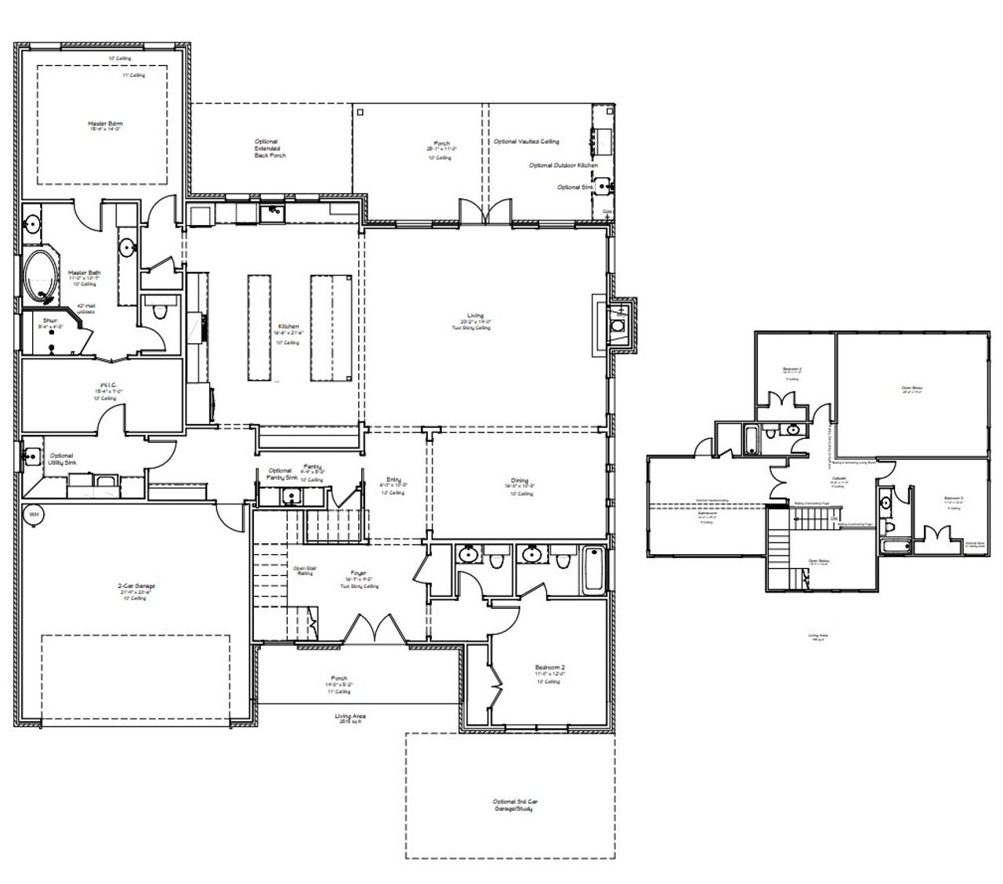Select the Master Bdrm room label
pos(104,124)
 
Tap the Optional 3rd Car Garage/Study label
pos(514,805)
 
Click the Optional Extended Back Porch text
pos(270,149)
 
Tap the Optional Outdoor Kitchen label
pos(563,165)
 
